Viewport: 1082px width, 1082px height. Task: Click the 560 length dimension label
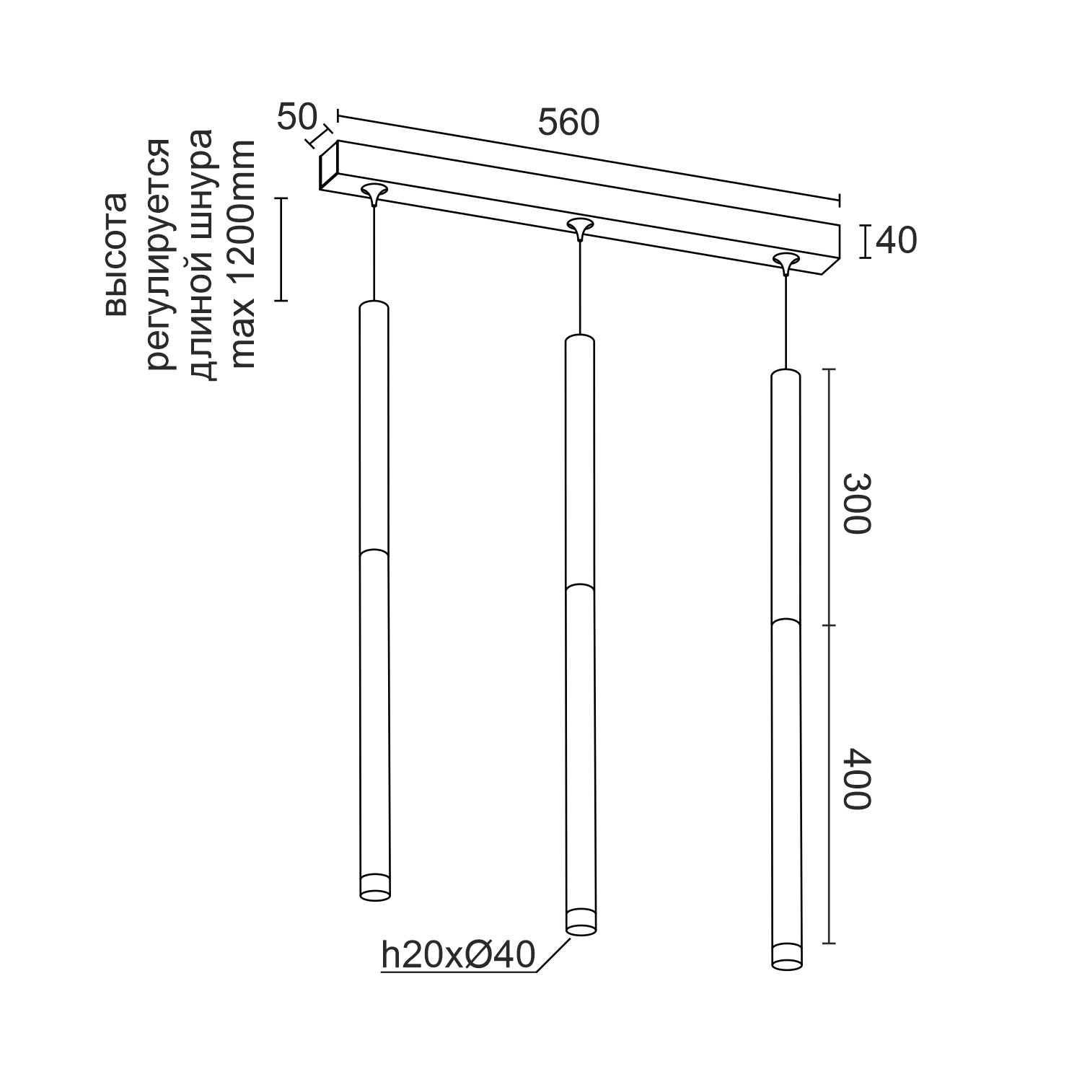(568, 123)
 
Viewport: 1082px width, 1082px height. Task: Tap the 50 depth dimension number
(296, 118)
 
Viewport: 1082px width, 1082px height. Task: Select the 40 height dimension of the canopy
(897, 241)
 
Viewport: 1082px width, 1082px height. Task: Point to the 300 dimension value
(858, 503)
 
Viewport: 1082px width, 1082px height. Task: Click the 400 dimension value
(858, 779)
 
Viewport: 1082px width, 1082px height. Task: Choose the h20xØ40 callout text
(458, 955)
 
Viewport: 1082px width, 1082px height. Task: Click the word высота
(115, 254)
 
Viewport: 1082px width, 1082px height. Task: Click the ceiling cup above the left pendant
(374, 192)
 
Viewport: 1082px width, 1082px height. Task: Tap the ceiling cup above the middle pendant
(579, 227)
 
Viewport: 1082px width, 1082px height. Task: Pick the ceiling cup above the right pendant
(786, 261)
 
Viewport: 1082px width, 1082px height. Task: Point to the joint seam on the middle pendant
(580, 587)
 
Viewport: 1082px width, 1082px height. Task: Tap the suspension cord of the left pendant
(374, 252)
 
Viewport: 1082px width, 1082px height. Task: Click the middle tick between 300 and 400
(829, 625)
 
